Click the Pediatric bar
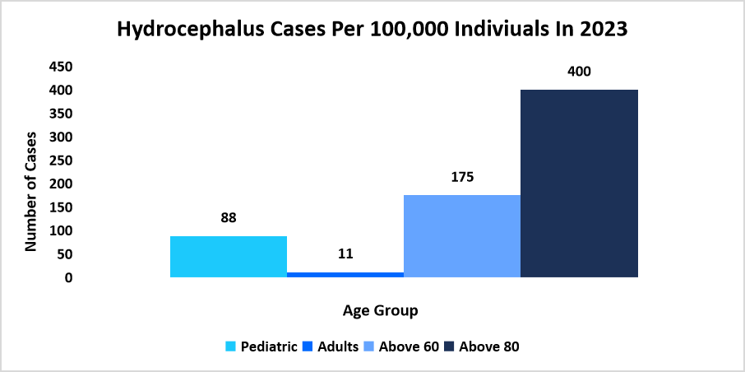[229, 257]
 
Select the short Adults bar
[345, 274]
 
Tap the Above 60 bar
[462, 236]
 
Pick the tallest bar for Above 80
[580, 184]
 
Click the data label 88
[229, 219]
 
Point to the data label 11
[345, 254]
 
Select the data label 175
[462, 177]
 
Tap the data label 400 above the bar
[580, 72]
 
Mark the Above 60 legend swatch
[372, 346]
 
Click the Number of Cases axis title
[31, 191]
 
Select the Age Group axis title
[380, 311]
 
